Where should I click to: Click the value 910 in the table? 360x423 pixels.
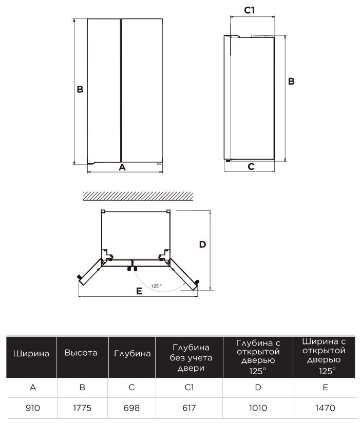click(33, 408)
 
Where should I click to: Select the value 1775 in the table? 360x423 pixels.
click(82, 408)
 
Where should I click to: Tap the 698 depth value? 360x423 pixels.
click(131, 408)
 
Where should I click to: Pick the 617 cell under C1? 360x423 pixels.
click(189, 408)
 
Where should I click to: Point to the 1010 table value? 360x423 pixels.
click(258, 408)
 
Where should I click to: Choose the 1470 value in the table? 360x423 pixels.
click(325, 408)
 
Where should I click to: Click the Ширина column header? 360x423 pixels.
click(31, 353)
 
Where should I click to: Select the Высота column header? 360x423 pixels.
click(81, 353)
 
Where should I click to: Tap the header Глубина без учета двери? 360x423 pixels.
click(191, 358)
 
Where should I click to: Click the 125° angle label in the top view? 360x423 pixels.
click(157, 286)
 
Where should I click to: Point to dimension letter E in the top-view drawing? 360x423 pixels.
click(139, 291)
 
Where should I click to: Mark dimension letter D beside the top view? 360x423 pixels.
click(202, 244)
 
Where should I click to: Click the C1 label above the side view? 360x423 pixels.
click(250, 10)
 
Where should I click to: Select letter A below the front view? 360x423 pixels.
click(122, 167)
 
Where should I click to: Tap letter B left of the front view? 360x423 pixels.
click(80, 89)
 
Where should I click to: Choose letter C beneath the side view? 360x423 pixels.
click(251, 166)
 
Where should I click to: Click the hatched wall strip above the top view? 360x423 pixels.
click(138, 196)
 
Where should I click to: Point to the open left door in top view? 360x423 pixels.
click(90, 272)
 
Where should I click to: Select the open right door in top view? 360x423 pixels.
click(184, 274)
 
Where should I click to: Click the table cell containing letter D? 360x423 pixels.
click(258, 388)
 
